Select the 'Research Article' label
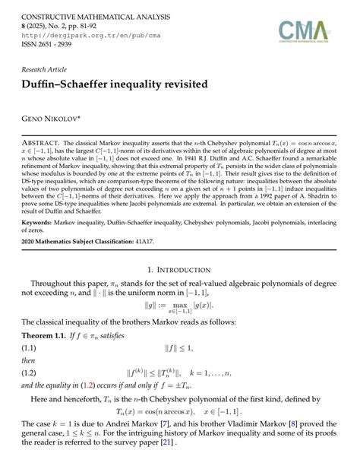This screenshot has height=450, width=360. (48, 68)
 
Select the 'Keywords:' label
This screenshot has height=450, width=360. (42, 223)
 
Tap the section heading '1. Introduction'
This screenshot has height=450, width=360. (179, 269)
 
